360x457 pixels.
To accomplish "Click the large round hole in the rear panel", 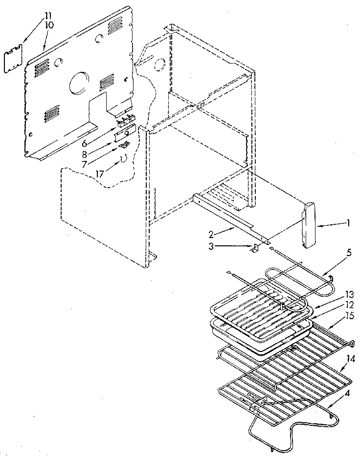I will tap(78, 84).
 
